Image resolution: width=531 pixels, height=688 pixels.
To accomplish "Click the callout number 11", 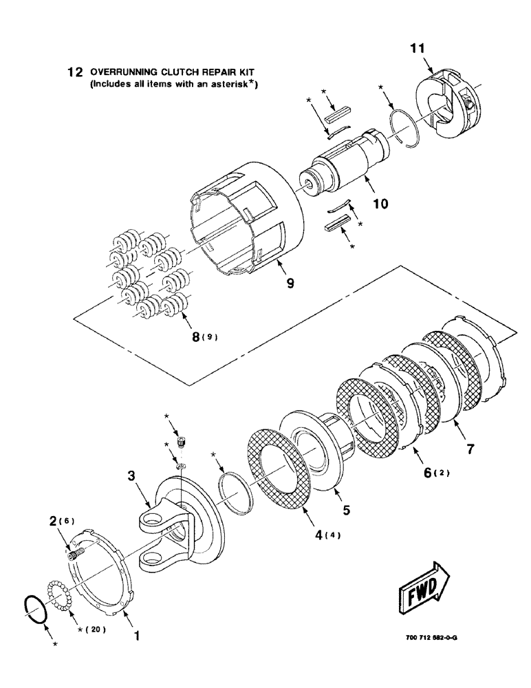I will coord(418,47).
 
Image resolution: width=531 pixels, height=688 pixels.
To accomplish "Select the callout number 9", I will coord(290,283).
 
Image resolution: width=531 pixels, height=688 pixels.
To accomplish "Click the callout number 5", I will coord(347,510).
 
